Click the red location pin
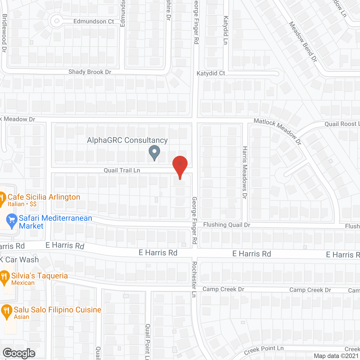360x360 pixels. [x=180, y=165]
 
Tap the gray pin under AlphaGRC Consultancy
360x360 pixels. [x=154, y=152]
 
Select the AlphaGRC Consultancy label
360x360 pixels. [x=127, y=140]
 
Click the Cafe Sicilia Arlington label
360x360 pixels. [x=44, y=197]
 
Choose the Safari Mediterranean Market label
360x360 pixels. [x=55, y=222]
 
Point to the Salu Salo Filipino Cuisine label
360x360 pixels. [x=57, y=310]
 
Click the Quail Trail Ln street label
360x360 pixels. [x=122, y=170]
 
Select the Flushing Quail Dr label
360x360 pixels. [x=227, y=224]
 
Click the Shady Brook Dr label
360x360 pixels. [x=90, y=72]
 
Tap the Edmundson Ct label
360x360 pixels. [x=94, y=21]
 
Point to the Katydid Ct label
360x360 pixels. [x=211, y=73]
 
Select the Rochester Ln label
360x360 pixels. [x=194, y=279]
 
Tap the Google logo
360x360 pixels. [x=19, y=353]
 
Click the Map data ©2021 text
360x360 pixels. [x=336, y=356]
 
